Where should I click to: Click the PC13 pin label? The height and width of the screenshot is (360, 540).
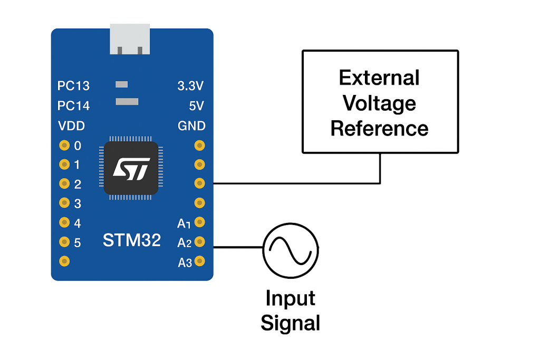click(73, 86)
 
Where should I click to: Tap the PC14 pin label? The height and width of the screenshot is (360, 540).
click(73, 106)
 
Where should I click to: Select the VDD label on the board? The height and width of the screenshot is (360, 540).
click(71, 126)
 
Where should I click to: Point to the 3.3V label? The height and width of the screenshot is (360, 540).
click(191, 86)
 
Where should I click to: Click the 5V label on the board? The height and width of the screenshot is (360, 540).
click(196, 106)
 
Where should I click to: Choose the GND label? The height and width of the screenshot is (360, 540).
click(191, 126)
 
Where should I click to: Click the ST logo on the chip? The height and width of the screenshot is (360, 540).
click(132, 169)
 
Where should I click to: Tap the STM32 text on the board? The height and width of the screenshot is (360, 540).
click(132, 240)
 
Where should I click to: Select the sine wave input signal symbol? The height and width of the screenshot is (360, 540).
click(291, 249)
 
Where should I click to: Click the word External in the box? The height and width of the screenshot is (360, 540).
click(379, 78)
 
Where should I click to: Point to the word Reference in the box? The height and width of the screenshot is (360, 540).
click(379, 128)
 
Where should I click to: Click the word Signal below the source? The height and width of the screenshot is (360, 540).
click(291, 323)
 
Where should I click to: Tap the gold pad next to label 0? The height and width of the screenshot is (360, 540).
click(64, 145)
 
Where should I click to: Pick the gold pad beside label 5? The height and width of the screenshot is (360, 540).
click(64, 242)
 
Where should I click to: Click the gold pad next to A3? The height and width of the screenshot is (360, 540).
click(199, 261)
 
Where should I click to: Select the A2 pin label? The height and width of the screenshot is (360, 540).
click(184, 243)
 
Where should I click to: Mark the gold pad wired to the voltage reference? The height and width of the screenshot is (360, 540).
click(199, 183)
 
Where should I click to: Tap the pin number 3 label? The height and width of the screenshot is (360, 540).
click(78, 203)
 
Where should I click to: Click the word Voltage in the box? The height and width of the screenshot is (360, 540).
click(379, 103)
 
